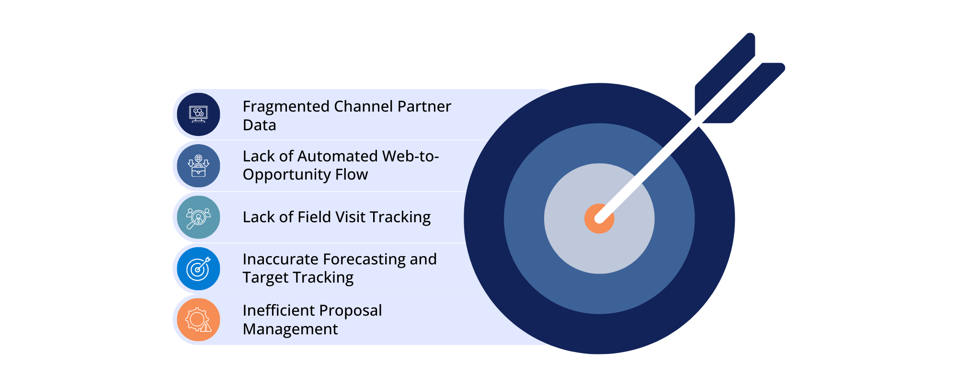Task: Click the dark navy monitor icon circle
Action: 198,114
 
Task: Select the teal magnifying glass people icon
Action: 198,217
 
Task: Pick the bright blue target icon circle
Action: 198,269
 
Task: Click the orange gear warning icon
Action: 198,320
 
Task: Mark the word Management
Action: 290,329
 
